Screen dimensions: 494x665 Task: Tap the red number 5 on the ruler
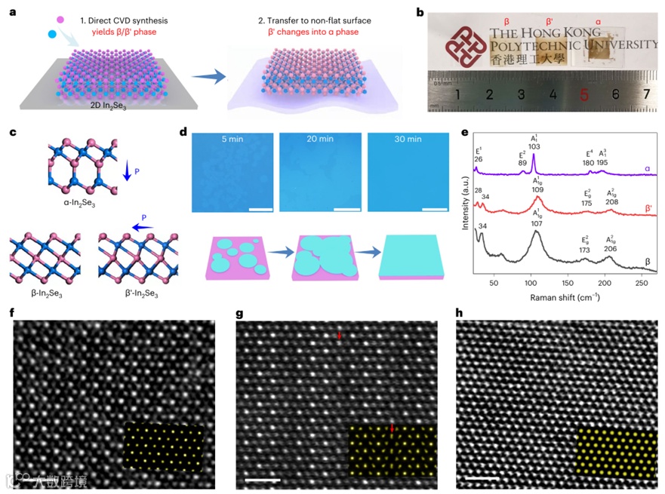point(584,95)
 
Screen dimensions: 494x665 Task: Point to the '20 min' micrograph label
point(319,141)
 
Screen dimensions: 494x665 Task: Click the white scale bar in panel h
point(479,479)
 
